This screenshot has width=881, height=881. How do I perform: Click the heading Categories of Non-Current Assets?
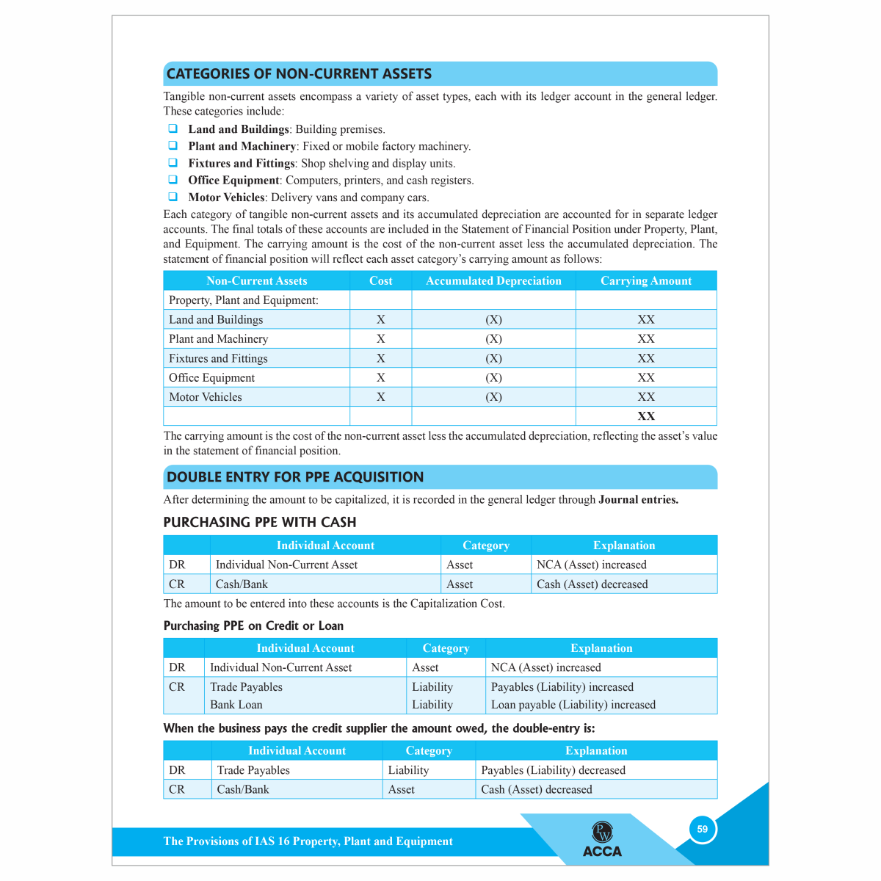299,74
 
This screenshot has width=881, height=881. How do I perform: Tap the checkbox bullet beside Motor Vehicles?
173,197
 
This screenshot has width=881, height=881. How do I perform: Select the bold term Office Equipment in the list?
233,181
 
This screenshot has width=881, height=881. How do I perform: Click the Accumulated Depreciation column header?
493,281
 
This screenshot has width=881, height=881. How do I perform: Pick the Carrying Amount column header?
646,281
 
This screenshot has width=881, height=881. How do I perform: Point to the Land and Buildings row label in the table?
216,320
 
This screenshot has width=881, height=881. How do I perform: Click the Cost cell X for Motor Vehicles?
380,397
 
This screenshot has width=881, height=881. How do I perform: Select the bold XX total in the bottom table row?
646,416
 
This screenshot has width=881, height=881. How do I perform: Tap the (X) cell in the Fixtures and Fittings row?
493,358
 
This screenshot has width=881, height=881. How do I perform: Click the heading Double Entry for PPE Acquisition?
295,477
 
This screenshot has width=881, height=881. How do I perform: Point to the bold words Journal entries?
638,500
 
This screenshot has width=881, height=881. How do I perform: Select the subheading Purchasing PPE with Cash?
260,523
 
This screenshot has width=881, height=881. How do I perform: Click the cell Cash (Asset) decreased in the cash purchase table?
592,584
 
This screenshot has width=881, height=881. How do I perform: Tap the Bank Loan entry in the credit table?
236,705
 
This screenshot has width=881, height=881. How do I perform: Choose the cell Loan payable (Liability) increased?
573,705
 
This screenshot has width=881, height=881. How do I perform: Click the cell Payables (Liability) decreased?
553,770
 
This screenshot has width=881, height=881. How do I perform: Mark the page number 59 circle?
703,830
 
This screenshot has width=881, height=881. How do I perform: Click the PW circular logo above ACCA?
602,832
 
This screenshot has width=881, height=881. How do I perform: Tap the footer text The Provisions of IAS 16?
308,841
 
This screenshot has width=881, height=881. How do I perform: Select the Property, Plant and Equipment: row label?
244,300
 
